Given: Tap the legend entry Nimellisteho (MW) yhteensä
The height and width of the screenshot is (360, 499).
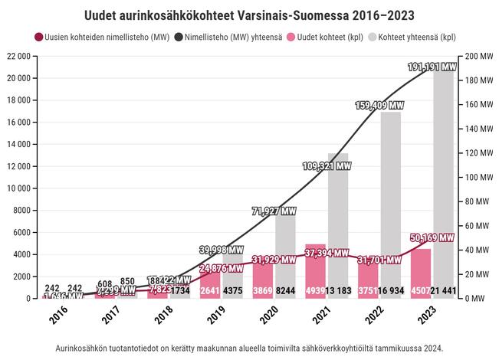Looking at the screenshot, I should coord(225,36).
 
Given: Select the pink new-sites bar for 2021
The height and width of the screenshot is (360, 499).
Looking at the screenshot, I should coord(315,268).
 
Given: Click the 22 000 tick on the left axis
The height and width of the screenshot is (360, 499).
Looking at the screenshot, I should coord(18,57).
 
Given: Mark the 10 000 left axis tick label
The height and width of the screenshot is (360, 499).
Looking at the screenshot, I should coord(18,188).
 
